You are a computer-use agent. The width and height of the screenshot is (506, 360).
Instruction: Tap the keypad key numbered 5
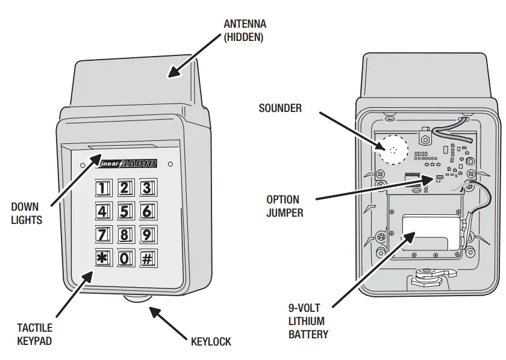(124, 211)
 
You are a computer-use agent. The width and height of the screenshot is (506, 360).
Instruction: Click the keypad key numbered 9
(146, 234)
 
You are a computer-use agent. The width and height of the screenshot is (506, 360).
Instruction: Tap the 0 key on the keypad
(124, 258)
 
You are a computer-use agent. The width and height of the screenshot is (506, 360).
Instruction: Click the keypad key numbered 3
(146, 188)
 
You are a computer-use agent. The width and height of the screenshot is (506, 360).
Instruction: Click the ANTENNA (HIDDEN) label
(245, 30)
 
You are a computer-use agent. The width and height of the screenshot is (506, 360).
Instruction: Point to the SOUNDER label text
(280, 108)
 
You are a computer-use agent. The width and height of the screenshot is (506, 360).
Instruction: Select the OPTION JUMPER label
(284, 205)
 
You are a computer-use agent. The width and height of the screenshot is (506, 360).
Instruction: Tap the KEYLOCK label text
(211, 341)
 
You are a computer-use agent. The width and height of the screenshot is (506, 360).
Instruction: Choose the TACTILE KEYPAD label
(35, 334)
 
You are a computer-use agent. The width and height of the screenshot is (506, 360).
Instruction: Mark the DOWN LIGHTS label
(27, 214)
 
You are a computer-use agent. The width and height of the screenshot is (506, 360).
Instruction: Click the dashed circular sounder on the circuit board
(393, 149)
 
